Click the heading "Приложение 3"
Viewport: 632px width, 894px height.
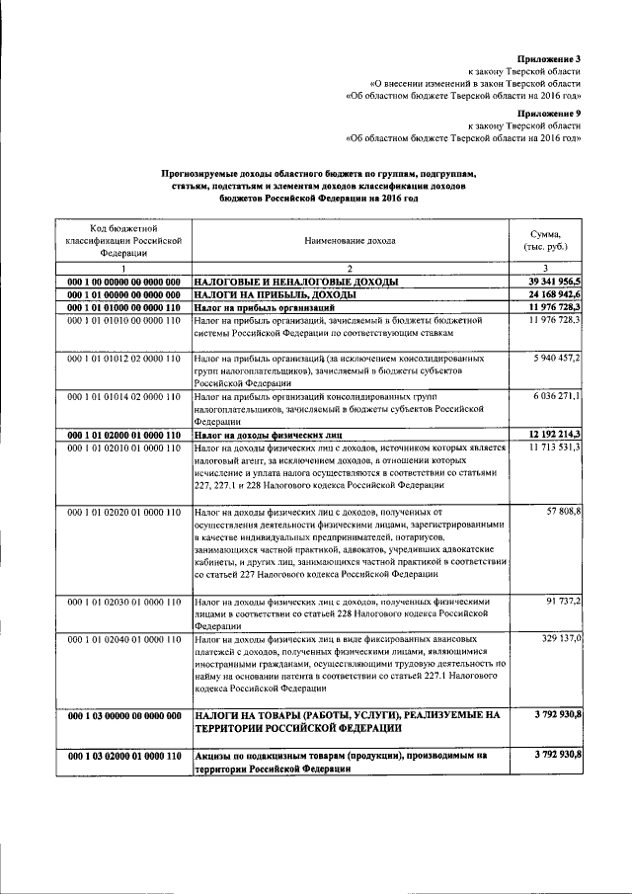tap(550, 59)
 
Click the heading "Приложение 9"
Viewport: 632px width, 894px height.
tap(550, 114)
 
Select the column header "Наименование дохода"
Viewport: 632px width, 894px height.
tap(350, 240)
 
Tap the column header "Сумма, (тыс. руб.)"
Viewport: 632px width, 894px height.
tap(545, 239)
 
